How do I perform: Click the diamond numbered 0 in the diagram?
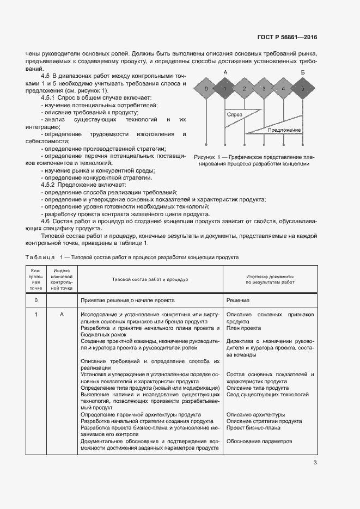tap(205, 89)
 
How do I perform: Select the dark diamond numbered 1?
tap(224, 89)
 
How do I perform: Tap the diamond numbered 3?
tap(264, 89)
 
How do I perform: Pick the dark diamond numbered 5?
tap(303, 89)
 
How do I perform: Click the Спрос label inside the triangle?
tap(235, 115)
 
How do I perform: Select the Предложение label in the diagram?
tap(284, 130)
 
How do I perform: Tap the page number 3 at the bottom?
tap(315, 463)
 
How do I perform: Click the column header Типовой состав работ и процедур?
tap(150, 279)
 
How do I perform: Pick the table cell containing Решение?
tap(238, 300)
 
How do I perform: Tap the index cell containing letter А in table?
tap(62, 315)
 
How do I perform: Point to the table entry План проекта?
tap(243, 328)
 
